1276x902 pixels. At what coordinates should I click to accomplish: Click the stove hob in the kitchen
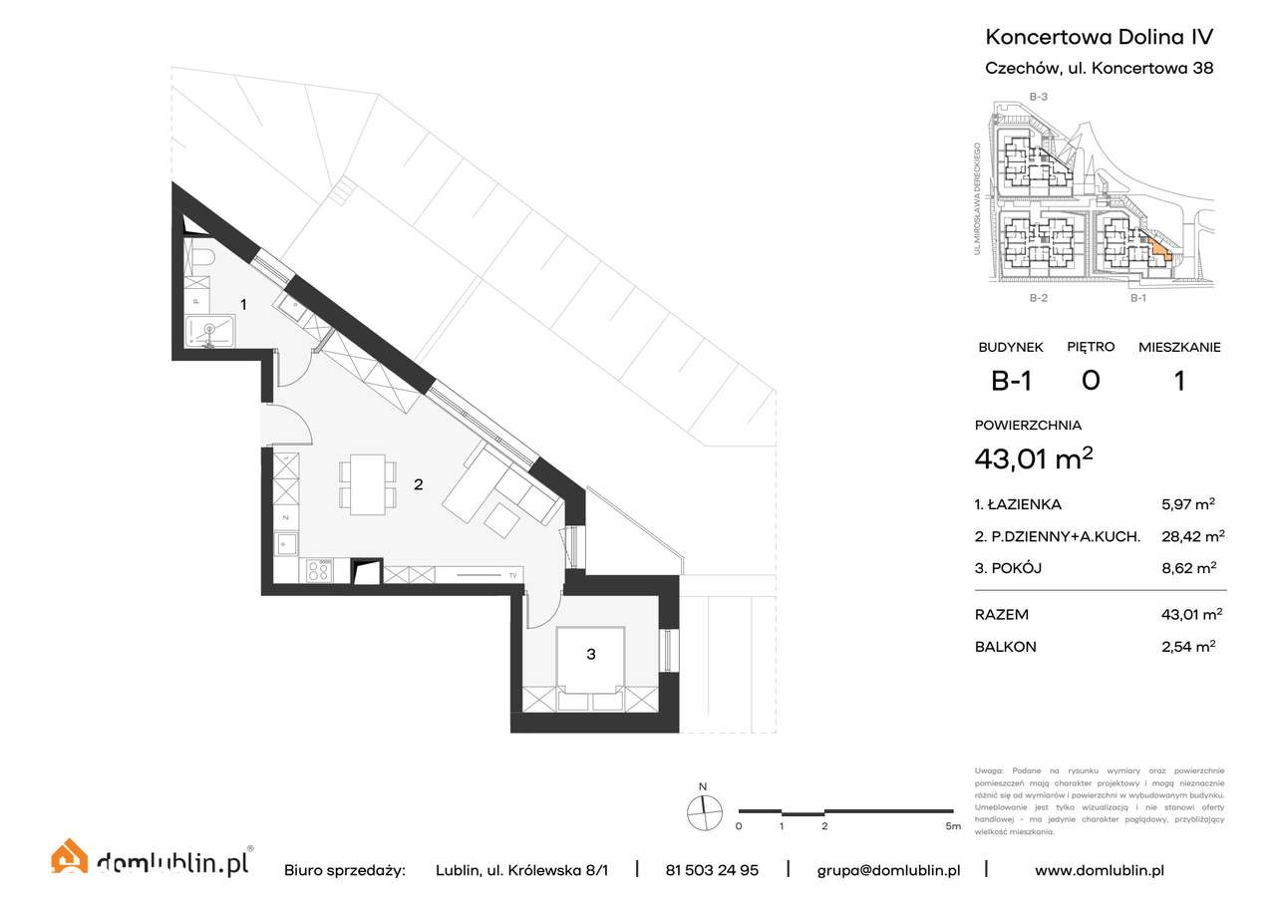point(319,571)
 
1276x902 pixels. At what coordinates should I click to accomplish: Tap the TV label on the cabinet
point(512,575)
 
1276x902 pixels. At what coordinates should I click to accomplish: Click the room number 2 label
point(419,485)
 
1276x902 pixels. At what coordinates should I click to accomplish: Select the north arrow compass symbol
point(705,811)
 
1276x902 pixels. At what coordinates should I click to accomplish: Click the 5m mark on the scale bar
point(952,826)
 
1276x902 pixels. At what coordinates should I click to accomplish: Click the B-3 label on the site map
point(1038,97)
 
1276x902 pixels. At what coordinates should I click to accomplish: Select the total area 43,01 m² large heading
point(1034,458)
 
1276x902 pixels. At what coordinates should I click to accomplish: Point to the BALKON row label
point(1005,646)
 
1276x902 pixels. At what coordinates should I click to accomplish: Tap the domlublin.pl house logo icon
point(69,859)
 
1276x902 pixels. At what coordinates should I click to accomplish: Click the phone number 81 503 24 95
point(711,869)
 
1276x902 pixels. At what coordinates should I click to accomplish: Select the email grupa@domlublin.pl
point(888,869)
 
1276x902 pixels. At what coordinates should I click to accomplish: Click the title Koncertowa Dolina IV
point(1099,37)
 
